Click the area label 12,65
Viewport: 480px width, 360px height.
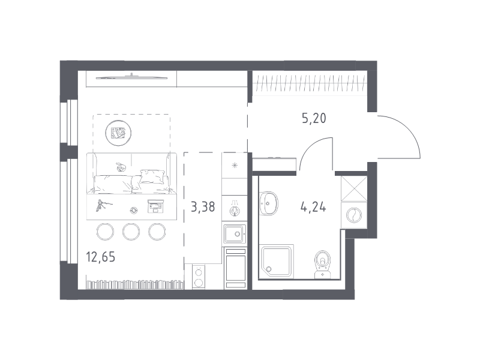(101, 257)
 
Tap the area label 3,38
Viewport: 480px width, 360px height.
(203, 207)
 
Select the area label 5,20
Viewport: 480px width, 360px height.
(314, 118)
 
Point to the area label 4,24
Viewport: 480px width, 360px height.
(313, 207)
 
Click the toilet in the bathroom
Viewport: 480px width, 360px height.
(323, 265)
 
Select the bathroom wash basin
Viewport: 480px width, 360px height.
(268, 203)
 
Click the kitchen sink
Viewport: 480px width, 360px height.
(235, 234)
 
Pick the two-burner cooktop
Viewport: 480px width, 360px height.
(199, 277)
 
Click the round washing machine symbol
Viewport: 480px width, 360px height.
(354, 215)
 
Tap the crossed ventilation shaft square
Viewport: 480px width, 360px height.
(354, 188)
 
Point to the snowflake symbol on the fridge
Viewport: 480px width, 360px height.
(235, 166)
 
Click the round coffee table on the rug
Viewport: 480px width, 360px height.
(118, 133)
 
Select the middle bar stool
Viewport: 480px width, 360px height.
(131, 232)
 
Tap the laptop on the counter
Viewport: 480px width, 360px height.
(155, 206)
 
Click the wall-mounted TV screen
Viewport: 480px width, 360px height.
(131, 78)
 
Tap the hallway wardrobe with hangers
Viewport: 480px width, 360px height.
(309, 83)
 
